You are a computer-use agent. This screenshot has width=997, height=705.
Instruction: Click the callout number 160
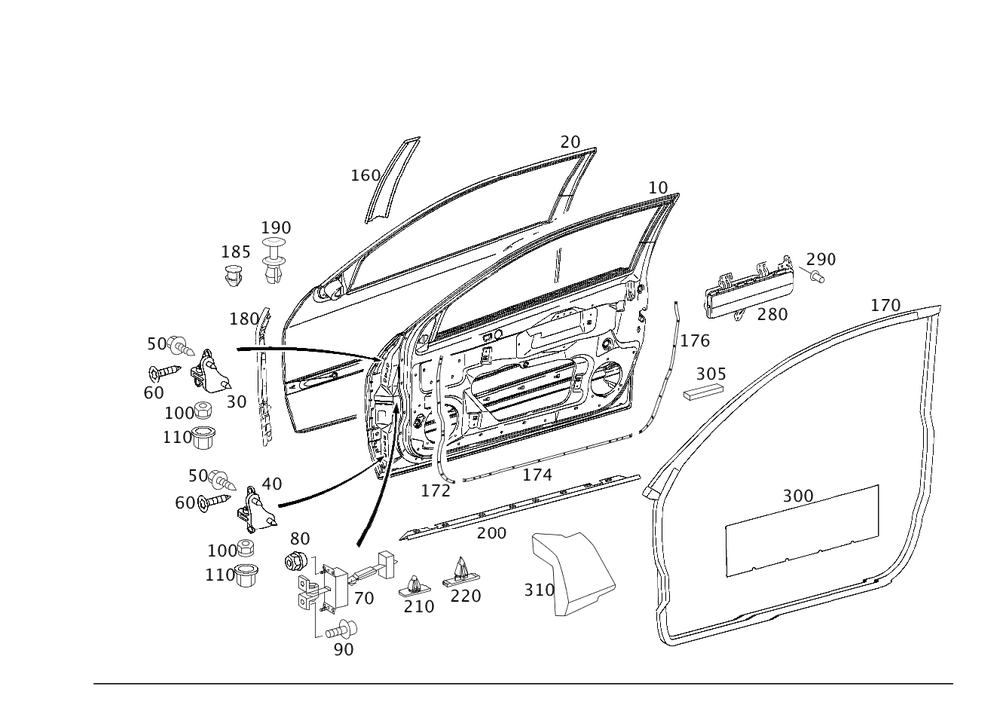click(x=365, y=176)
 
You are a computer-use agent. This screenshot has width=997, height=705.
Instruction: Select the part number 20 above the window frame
click(x=570, y=143)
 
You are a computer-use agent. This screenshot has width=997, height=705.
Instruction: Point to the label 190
click(x=276, y=227)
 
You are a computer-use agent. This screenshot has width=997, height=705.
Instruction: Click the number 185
click(x=236, y=252)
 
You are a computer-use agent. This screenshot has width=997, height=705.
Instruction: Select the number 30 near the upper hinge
click(x=236, y=402)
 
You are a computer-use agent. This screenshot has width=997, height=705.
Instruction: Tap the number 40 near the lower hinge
click(x=270, y=482)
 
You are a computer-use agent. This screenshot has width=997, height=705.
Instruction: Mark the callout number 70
click(x=363, y=598)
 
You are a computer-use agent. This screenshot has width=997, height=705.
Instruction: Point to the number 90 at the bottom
click(x=343, y=648)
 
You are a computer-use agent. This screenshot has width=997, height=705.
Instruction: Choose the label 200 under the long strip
click(x=491, y=533)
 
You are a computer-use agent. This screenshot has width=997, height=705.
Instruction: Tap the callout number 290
click(x=822, y=259)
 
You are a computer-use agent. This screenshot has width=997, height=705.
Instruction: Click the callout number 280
click(x=773, y=313)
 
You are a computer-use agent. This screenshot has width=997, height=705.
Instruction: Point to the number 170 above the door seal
click(x=884, y=304)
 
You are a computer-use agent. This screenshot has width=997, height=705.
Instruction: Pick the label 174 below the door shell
click(x=537, y=476)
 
